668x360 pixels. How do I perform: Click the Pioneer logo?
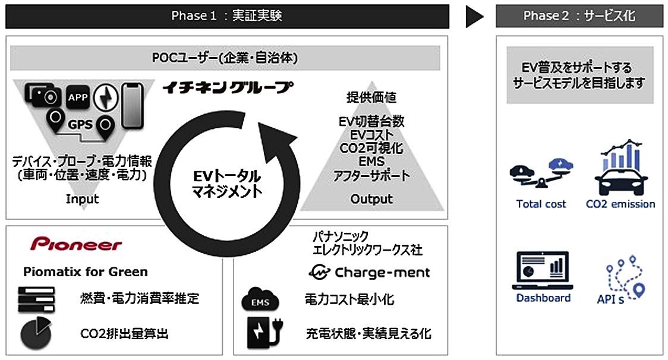point(76,244)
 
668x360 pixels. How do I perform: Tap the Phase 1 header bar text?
point(226,16)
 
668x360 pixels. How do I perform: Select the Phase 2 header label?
point(579,16)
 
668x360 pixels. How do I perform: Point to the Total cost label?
point(541,204)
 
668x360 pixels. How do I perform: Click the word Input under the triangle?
point(82,199)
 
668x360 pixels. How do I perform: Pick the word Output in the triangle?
point(371,199)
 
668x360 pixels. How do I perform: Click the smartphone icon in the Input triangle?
point(132,105)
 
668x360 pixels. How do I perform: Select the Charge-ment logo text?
point(369,273)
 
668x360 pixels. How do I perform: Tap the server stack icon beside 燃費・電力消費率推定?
point(36,299)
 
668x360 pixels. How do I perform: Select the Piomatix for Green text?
point(86,272)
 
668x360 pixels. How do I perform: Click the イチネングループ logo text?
point(228,88)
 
